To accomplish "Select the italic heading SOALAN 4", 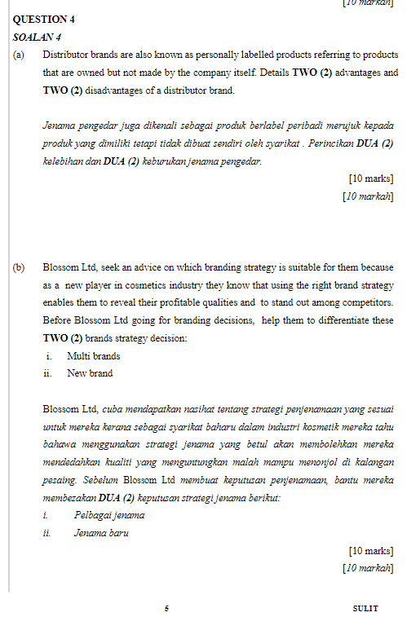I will click(x=38, y=37).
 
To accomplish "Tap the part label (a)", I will click(x=19, y=55).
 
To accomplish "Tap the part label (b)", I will click(x=19, y=267).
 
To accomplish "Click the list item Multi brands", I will click(x=93, y=356).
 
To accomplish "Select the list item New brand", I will click(x=90, y=373).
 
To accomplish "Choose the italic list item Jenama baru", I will click(x=101, y=533).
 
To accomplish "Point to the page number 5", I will click(x=166, y=608).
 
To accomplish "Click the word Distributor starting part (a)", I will click(x=67, y=55).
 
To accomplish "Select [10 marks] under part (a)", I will click(x=370, y=178).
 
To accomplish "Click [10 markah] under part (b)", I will click(x=368, y=568).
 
